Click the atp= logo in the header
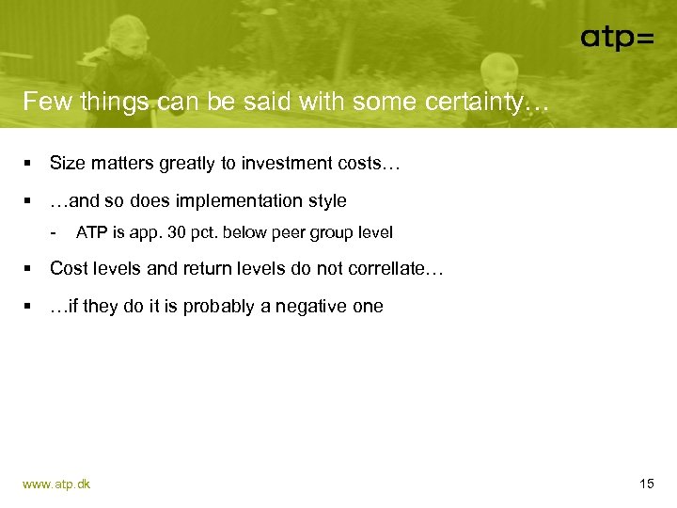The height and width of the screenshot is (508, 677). [616, 38]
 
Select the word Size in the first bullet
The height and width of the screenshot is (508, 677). [67, 164]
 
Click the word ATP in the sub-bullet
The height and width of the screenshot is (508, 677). [91, 232]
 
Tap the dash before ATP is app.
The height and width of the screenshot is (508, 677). [55, 231]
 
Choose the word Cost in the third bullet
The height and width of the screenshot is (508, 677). [68, 268]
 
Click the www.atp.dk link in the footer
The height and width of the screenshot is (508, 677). [56, 484]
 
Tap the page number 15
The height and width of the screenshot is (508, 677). [646, 484]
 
